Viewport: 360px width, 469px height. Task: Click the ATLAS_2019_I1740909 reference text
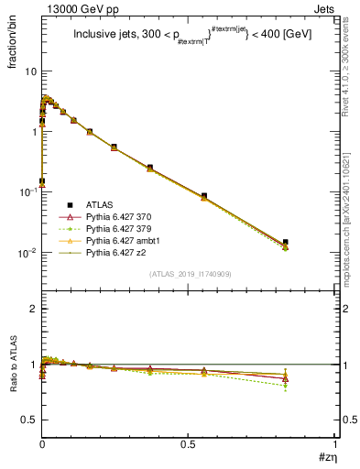188,274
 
